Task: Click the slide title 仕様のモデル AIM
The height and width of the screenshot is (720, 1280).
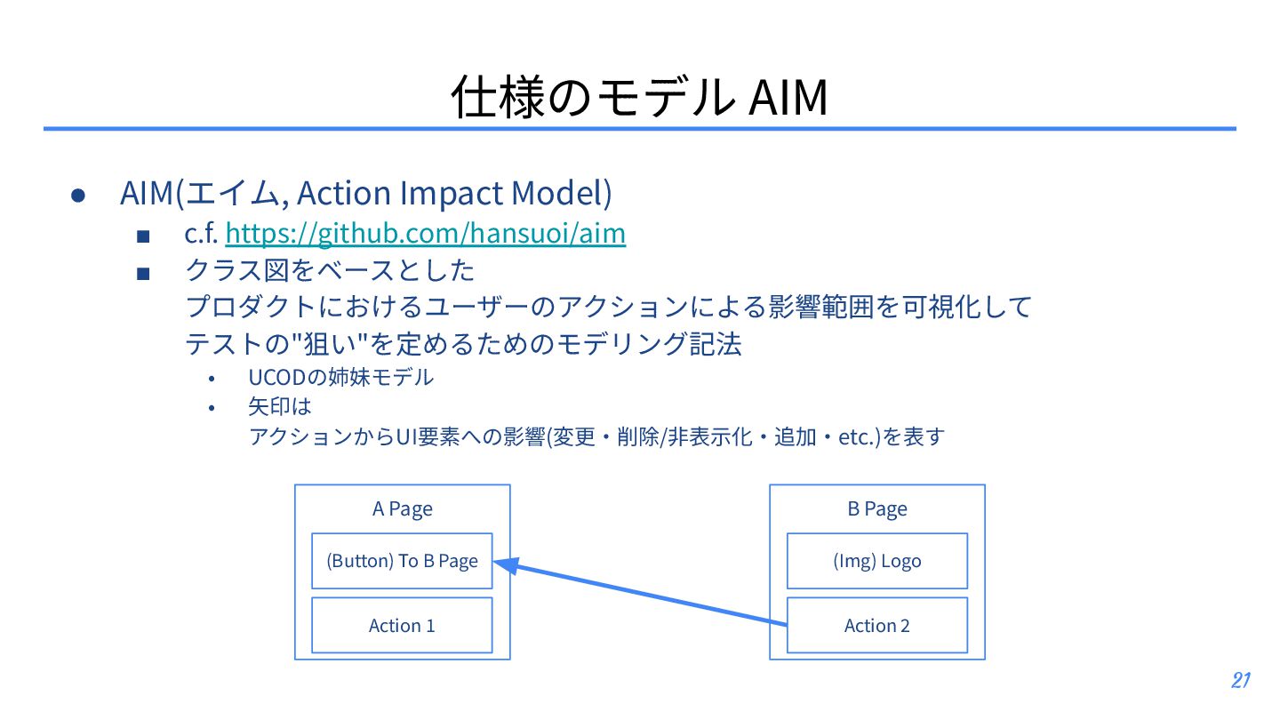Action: coord(639,98)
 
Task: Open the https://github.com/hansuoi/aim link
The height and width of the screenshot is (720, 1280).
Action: coord(426,233)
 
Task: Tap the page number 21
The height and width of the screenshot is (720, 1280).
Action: coord(1241,681)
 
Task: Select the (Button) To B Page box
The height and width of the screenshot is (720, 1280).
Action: coord(402,561)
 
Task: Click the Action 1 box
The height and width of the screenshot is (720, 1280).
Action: coord(402,626)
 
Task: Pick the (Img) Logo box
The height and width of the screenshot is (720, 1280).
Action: coord(876,561)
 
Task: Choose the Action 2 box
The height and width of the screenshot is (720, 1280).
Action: coord(876,626)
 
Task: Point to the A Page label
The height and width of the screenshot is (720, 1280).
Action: coord(402,509)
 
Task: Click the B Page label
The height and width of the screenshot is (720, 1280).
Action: coord(876,509)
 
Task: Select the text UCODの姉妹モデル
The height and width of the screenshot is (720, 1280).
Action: coord(340,377)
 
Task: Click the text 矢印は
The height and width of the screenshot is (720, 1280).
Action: coord(280,407)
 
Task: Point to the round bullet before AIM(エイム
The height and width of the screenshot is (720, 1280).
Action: coord(78,195)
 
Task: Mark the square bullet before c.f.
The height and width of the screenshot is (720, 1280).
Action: coord(144,236)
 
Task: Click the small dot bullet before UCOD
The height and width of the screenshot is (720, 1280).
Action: coord(212,379)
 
